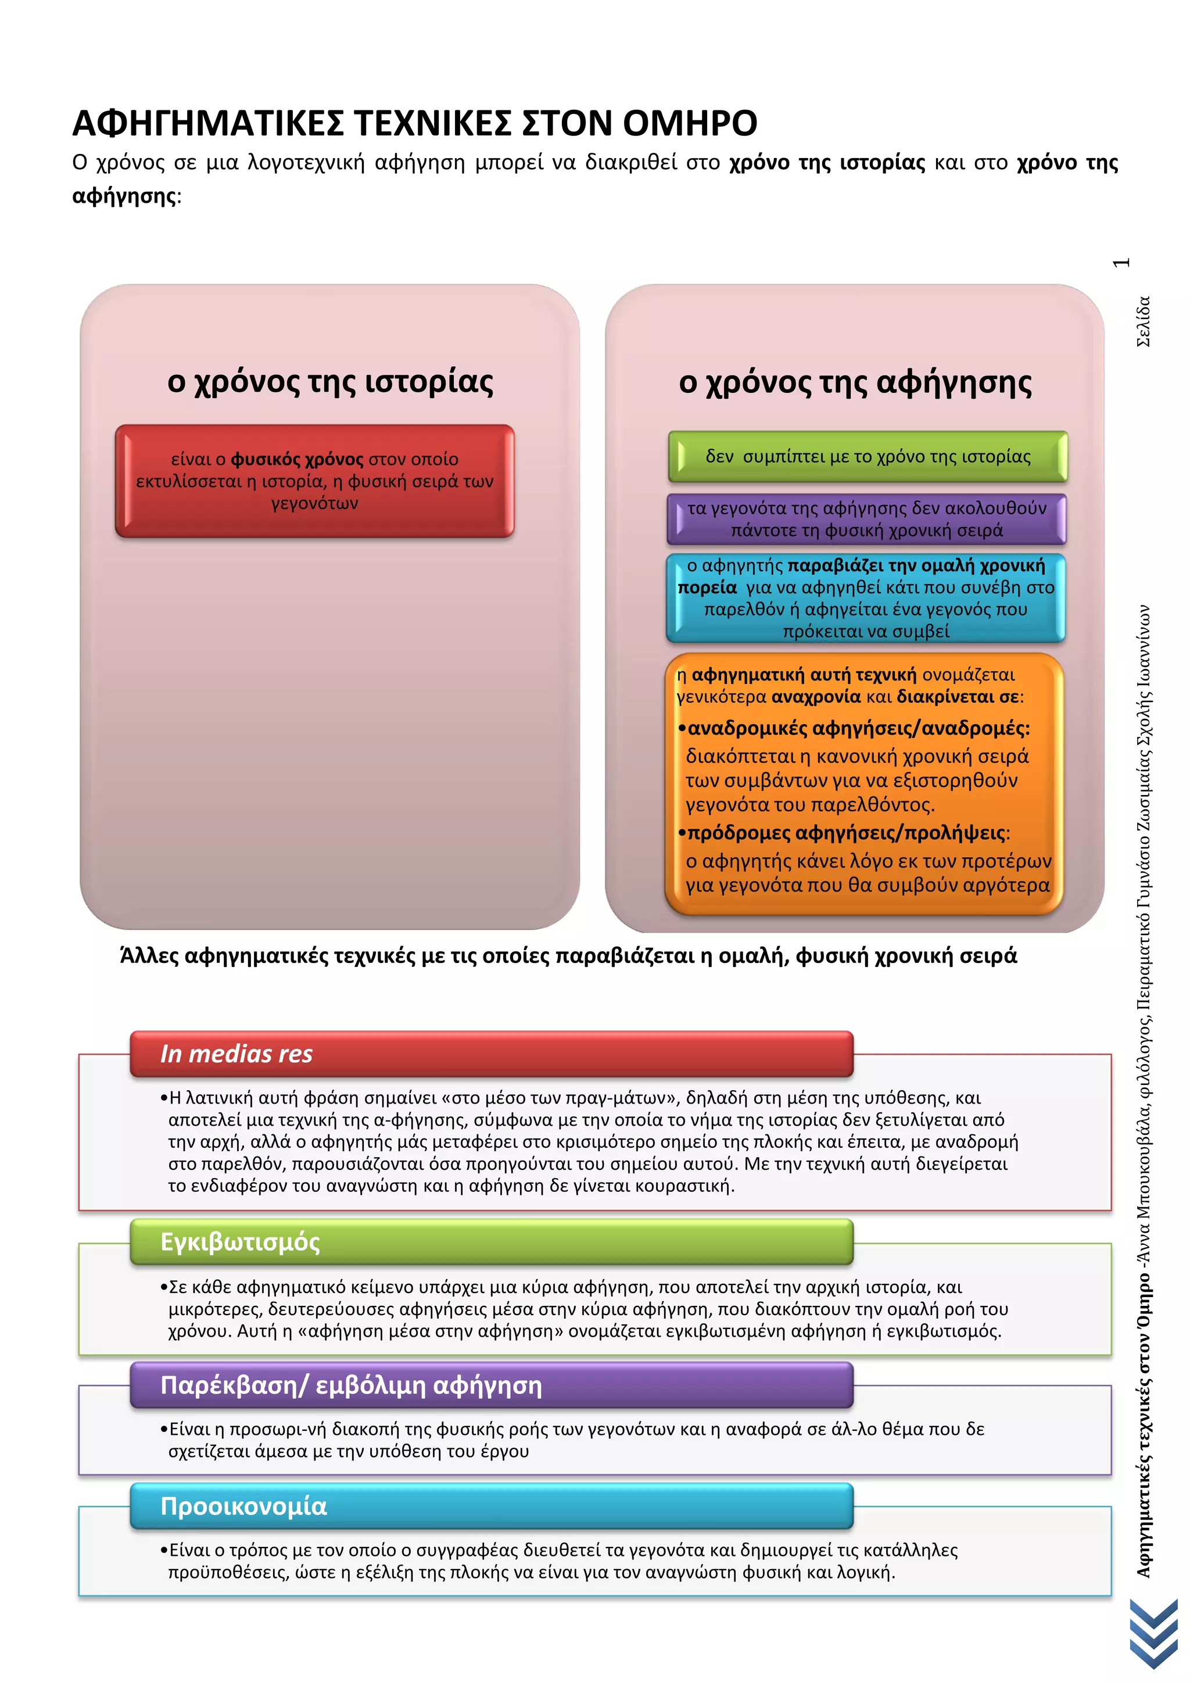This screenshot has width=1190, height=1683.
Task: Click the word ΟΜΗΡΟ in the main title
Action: point(690,123)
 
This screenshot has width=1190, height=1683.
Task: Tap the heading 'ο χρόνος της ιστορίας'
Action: point(329,382)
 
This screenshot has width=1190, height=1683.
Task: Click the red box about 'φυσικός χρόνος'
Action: point(314,481)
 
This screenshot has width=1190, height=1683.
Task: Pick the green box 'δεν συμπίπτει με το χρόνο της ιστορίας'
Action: point(868,457)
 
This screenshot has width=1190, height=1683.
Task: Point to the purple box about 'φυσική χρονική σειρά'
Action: point(866,519)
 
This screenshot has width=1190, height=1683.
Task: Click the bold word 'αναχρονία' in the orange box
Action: point(816,696)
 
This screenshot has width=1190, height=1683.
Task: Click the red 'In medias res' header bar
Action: point(491,1054)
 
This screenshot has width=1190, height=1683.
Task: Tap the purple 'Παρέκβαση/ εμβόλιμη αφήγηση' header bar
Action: point(491,1385)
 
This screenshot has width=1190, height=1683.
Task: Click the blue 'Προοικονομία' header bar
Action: point(491,1506)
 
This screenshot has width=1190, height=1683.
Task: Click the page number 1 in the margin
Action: point(1121,263)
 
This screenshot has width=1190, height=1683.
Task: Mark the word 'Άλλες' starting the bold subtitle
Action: point(149,956)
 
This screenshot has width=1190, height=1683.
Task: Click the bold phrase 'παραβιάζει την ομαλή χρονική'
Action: point(916,565)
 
